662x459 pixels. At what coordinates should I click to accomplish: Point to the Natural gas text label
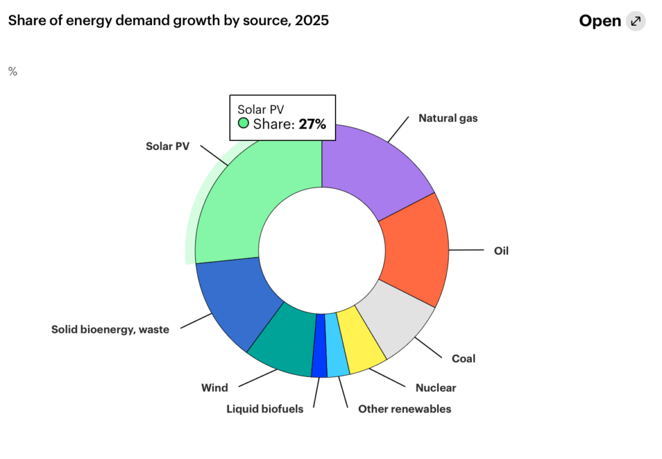click(448, 118)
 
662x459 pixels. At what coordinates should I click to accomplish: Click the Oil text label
click(501, 251)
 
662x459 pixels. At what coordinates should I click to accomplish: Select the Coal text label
click(464, 359)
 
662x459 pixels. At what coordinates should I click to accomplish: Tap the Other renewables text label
click(405, 409)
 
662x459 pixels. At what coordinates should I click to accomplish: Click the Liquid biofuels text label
click(264, 409)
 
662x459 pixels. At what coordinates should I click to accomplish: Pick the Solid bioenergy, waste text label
click(110, 330)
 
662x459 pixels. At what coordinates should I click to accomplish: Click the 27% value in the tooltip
click(312, 124)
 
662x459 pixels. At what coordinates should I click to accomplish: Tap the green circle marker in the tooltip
click(243, 123)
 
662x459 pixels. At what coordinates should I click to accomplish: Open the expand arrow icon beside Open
click(636, 21)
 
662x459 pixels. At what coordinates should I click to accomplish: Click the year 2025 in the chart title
click(312, 21)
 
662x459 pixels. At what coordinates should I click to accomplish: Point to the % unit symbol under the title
click(13, 72)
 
